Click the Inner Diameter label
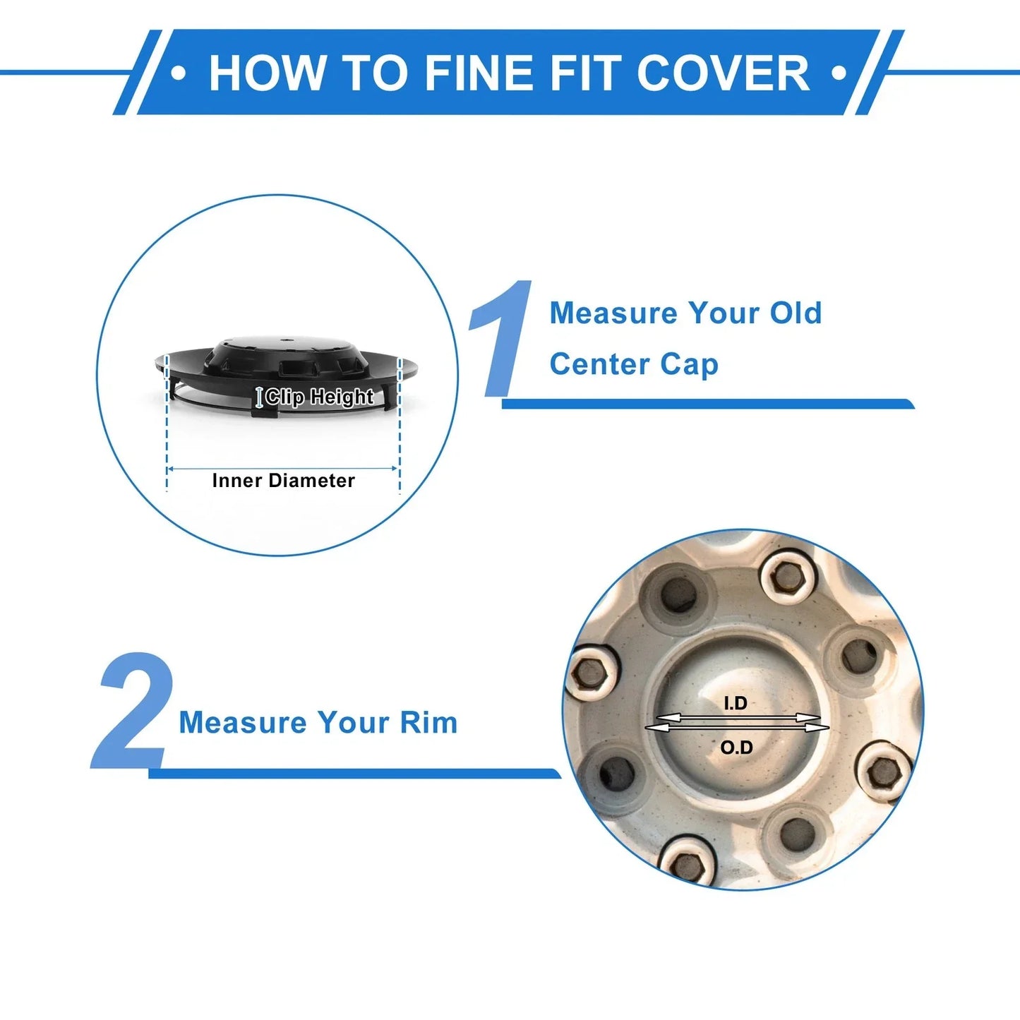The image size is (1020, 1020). pyautogui.click(x=283, y=481)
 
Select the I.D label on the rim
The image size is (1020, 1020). pyautogui.click(x=736, y=703)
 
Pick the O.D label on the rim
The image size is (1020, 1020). pyautogui.click(x=736, y=748)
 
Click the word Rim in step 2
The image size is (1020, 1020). pyautogui.click(x=428, y=722)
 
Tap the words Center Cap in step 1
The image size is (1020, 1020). pyautogui.click(x=634, y=365)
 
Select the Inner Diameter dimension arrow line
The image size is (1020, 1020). pyautogui.click(x=282, y=469)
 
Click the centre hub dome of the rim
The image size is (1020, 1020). pyautogui.click(x=735, y=724)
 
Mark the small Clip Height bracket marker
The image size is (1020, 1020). pyautogui.click(x=259, y=397)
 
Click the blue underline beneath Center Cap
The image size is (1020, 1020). pyautogui.click(x=708, y=403)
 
